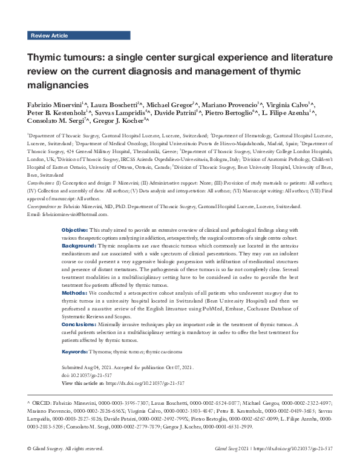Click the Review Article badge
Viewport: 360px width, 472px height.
[49, 36]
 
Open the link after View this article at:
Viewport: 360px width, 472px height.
[145, 384]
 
